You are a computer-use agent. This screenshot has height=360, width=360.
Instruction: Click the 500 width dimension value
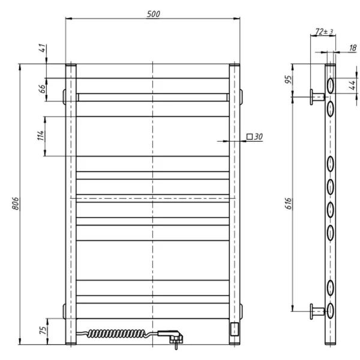(153, 14)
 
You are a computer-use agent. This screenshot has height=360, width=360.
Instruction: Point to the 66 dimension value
(43, 89)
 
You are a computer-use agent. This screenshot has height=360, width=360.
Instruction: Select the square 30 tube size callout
(255, 137)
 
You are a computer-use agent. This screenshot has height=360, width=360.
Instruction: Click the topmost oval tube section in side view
(330, 83)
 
